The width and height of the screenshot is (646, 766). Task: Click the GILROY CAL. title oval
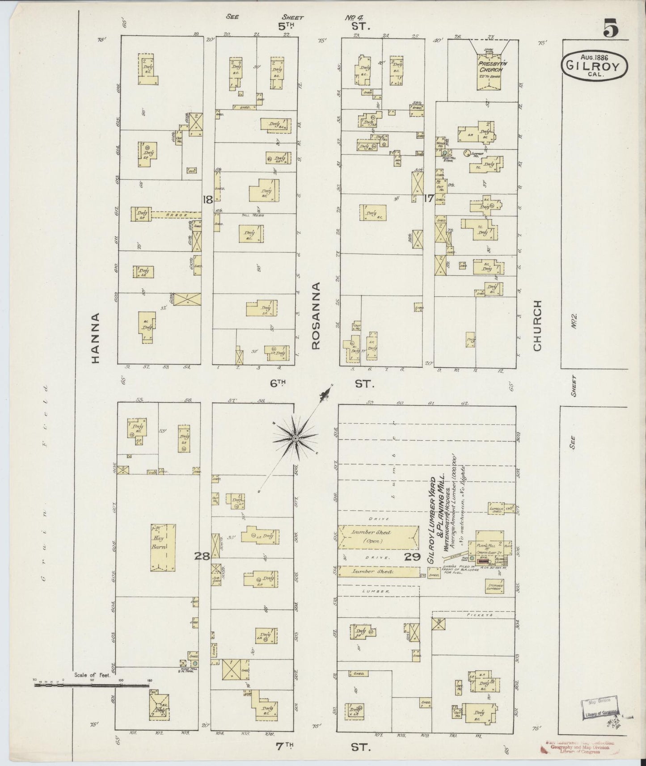click(x=594, y=65)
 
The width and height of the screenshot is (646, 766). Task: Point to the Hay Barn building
click(x=162, y=547)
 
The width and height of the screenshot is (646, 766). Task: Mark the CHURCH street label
click(x=537, y=325)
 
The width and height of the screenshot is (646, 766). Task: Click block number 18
click(x=207, y=200)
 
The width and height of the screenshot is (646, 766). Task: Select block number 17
click(x=428, y=198)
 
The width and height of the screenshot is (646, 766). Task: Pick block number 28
click(x=203, y=556)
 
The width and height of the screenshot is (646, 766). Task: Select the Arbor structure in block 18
click(x=175, y=215)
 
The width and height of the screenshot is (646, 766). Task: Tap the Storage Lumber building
click(x=494, y=587)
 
